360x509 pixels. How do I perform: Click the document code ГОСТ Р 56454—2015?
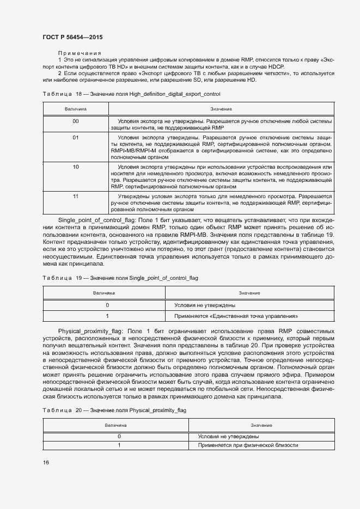coord(72,37)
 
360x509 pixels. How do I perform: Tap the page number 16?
coord(46,462)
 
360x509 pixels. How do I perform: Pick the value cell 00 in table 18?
coord(76,121)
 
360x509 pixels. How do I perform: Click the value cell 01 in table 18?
coord(76,138)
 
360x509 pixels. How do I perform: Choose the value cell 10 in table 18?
coord(76,167)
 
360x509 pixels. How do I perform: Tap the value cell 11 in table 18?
coord(76,195)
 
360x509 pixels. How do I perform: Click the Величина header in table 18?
coord(76,109)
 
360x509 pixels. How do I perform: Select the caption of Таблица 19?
coord(120,278)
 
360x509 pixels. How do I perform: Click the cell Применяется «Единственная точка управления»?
coord(235,316)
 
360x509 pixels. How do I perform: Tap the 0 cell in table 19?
coord(107,305)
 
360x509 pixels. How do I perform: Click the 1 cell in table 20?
coord(119,445)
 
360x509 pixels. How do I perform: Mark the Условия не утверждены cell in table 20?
coord(228,436)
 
